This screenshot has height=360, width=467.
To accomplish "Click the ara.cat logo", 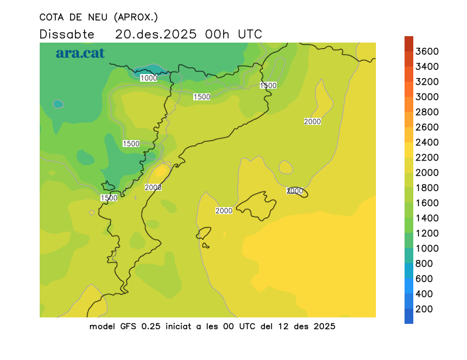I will click(x=80, y=53).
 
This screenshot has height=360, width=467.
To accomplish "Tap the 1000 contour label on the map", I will click(x=149, y=78).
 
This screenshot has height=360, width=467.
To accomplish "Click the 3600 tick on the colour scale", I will click(x=427, y=51).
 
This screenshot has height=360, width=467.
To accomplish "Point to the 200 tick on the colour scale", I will click(x=424, y=309).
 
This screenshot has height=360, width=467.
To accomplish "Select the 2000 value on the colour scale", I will click(x=427, y=173).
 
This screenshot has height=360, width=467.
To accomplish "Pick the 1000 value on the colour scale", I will click(x=427, y=248).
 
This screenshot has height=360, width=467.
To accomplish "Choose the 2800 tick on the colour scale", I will click(x=427, y=112).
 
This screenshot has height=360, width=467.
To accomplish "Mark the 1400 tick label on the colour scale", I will click(x=427, y=218).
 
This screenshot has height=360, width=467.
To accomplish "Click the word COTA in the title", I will click(x=53, y=17).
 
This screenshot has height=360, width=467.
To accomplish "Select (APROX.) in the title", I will click(x=136, y=17).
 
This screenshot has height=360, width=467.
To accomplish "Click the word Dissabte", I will click(x=67, y=34).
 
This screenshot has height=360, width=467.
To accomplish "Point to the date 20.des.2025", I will click(x=155, y=34).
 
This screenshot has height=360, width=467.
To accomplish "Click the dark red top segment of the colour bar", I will click(x=409, y=44).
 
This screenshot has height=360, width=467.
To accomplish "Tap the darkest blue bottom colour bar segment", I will click(x=409, y=316).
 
